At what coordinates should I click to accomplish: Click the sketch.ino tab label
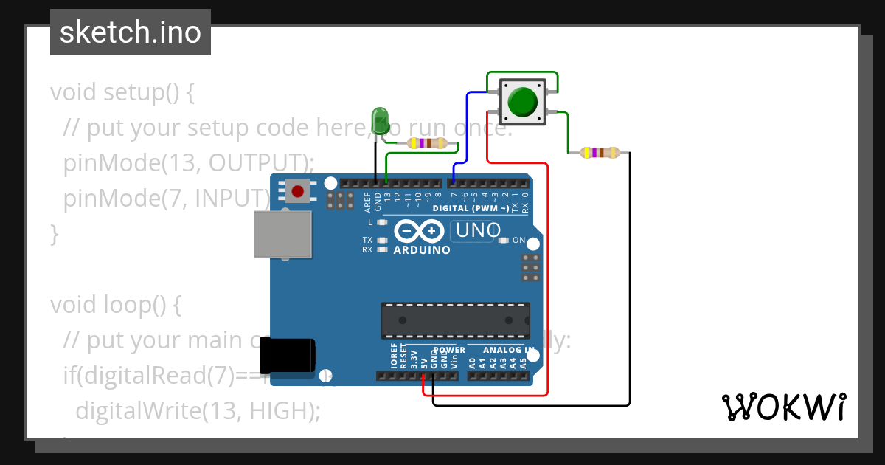click(130, 32)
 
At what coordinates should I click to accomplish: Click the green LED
click(380, 120)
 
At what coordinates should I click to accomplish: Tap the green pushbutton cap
click(523, 102)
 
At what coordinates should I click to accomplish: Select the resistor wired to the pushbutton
click(599, 153)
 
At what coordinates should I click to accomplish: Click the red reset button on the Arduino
click(297, 192)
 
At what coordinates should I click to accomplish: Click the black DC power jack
click(291, 355)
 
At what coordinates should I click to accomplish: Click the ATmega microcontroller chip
click(455, 320)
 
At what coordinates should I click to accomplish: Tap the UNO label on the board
click(478, 230)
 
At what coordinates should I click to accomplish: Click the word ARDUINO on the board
click(422, 250)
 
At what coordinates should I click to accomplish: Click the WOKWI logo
click(783, 407)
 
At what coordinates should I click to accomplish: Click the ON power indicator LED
click(504, 240)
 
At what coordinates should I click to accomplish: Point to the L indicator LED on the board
click(381, 222)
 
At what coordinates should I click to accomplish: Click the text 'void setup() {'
click(122, 93)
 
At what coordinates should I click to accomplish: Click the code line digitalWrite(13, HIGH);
click(198, 410)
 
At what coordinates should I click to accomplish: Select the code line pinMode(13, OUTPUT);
click(189, 163)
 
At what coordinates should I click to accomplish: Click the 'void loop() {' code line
click(115, 305)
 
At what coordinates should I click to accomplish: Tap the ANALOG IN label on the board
click(509, 350)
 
